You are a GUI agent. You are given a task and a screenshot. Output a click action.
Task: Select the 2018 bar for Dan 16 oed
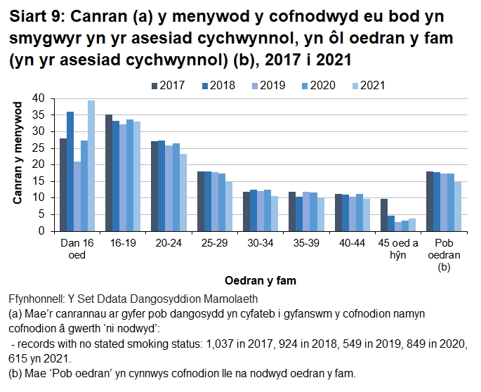click(x=70, y=171)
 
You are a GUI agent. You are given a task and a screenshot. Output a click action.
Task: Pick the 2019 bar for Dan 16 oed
click(x=77, y=196)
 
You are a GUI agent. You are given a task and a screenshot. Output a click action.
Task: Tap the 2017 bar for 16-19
click(x=109, y=173)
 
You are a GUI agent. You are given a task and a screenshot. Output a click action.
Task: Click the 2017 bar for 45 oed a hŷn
click(x=383, y=215)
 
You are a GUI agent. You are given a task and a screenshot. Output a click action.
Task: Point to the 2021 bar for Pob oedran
click(x=457, y=207)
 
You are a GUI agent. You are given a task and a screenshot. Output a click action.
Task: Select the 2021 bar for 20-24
click(x=183, y=192)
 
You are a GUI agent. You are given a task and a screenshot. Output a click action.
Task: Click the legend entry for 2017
click(x=167, y=85)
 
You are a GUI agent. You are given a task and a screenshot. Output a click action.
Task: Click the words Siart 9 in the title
click(x=35, y=15)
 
